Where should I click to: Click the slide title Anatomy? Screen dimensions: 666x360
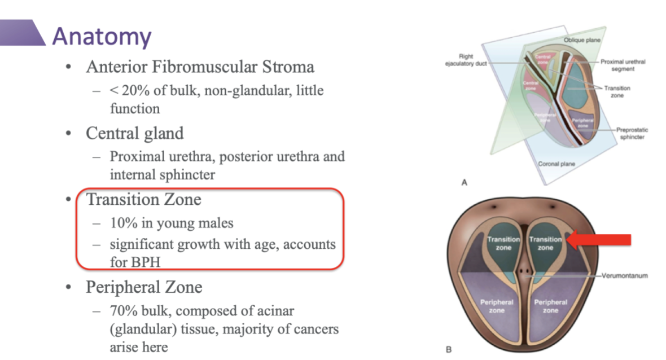point(102,36)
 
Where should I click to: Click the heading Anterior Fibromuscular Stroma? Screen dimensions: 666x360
point(200,67)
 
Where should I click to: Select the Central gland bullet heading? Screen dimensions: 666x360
point(134,133)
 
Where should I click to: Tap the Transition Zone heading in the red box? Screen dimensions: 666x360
point(143,199)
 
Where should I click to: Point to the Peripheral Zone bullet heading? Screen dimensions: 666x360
point(144,287)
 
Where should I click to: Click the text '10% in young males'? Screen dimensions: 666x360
point(172,223)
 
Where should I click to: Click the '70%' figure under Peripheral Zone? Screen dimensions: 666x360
point(124,311)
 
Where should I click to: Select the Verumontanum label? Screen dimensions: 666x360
point(625,276)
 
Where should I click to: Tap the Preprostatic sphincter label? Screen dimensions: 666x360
point(632,133)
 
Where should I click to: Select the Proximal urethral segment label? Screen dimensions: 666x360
point(623,65)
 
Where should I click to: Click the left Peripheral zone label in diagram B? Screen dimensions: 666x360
point(497,306)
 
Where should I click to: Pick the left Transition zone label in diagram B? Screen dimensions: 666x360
point(503,243)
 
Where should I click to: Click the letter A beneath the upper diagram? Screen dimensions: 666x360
point(464,182)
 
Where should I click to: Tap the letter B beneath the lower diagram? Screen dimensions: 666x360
point(449,350)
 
